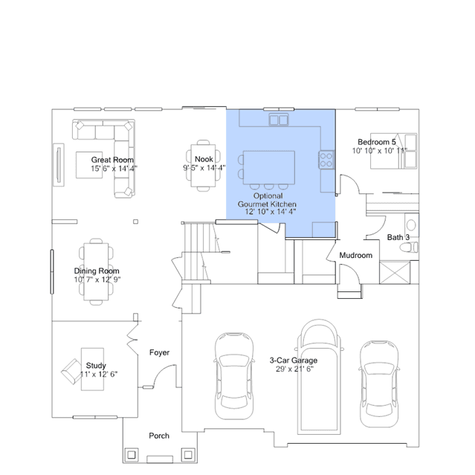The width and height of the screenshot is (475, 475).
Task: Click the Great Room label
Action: [x=112, y=160]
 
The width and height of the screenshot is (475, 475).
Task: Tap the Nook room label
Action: [x=204, y=159]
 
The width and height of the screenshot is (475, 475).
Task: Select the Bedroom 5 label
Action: [x=377, y=142]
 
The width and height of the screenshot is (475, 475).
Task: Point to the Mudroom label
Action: [x=355, y=256]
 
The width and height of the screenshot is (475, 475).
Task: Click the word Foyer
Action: [x=159, y=352]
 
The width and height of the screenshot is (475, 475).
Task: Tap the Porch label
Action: [x=159, y=436]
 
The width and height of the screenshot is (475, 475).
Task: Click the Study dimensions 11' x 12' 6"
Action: [x=99, y=374]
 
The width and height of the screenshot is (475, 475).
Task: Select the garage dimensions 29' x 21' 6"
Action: [x=294, y=369]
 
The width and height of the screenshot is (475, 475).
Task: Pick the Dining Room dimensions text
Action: [x=97, y=279]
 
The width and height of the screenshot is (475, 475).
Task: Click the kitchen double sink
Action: [x=279, y=120]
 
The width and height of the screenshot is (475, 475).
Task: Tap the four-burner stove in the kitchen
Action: [x=326, y=160]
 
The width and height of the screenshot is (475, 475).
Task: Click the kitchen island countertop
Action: [x=269, y=167]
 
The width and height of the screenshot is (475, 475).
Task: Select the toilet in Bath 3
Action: [x=409, y=248]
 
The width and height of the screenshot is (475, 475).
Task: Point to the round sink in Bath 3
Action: [x=411, y=225]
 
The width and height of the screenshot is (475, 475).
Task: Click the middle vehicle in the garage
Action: [x=319, y=377]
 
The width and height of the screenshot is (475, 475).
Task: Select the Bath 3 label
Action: [x=398, y=237]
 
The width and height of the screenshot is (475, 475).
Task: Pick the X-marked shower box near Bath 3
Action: [x=395, y=273]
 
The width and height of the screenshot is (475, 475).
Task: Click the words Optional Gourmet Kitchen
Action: [x=267, y=200]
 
